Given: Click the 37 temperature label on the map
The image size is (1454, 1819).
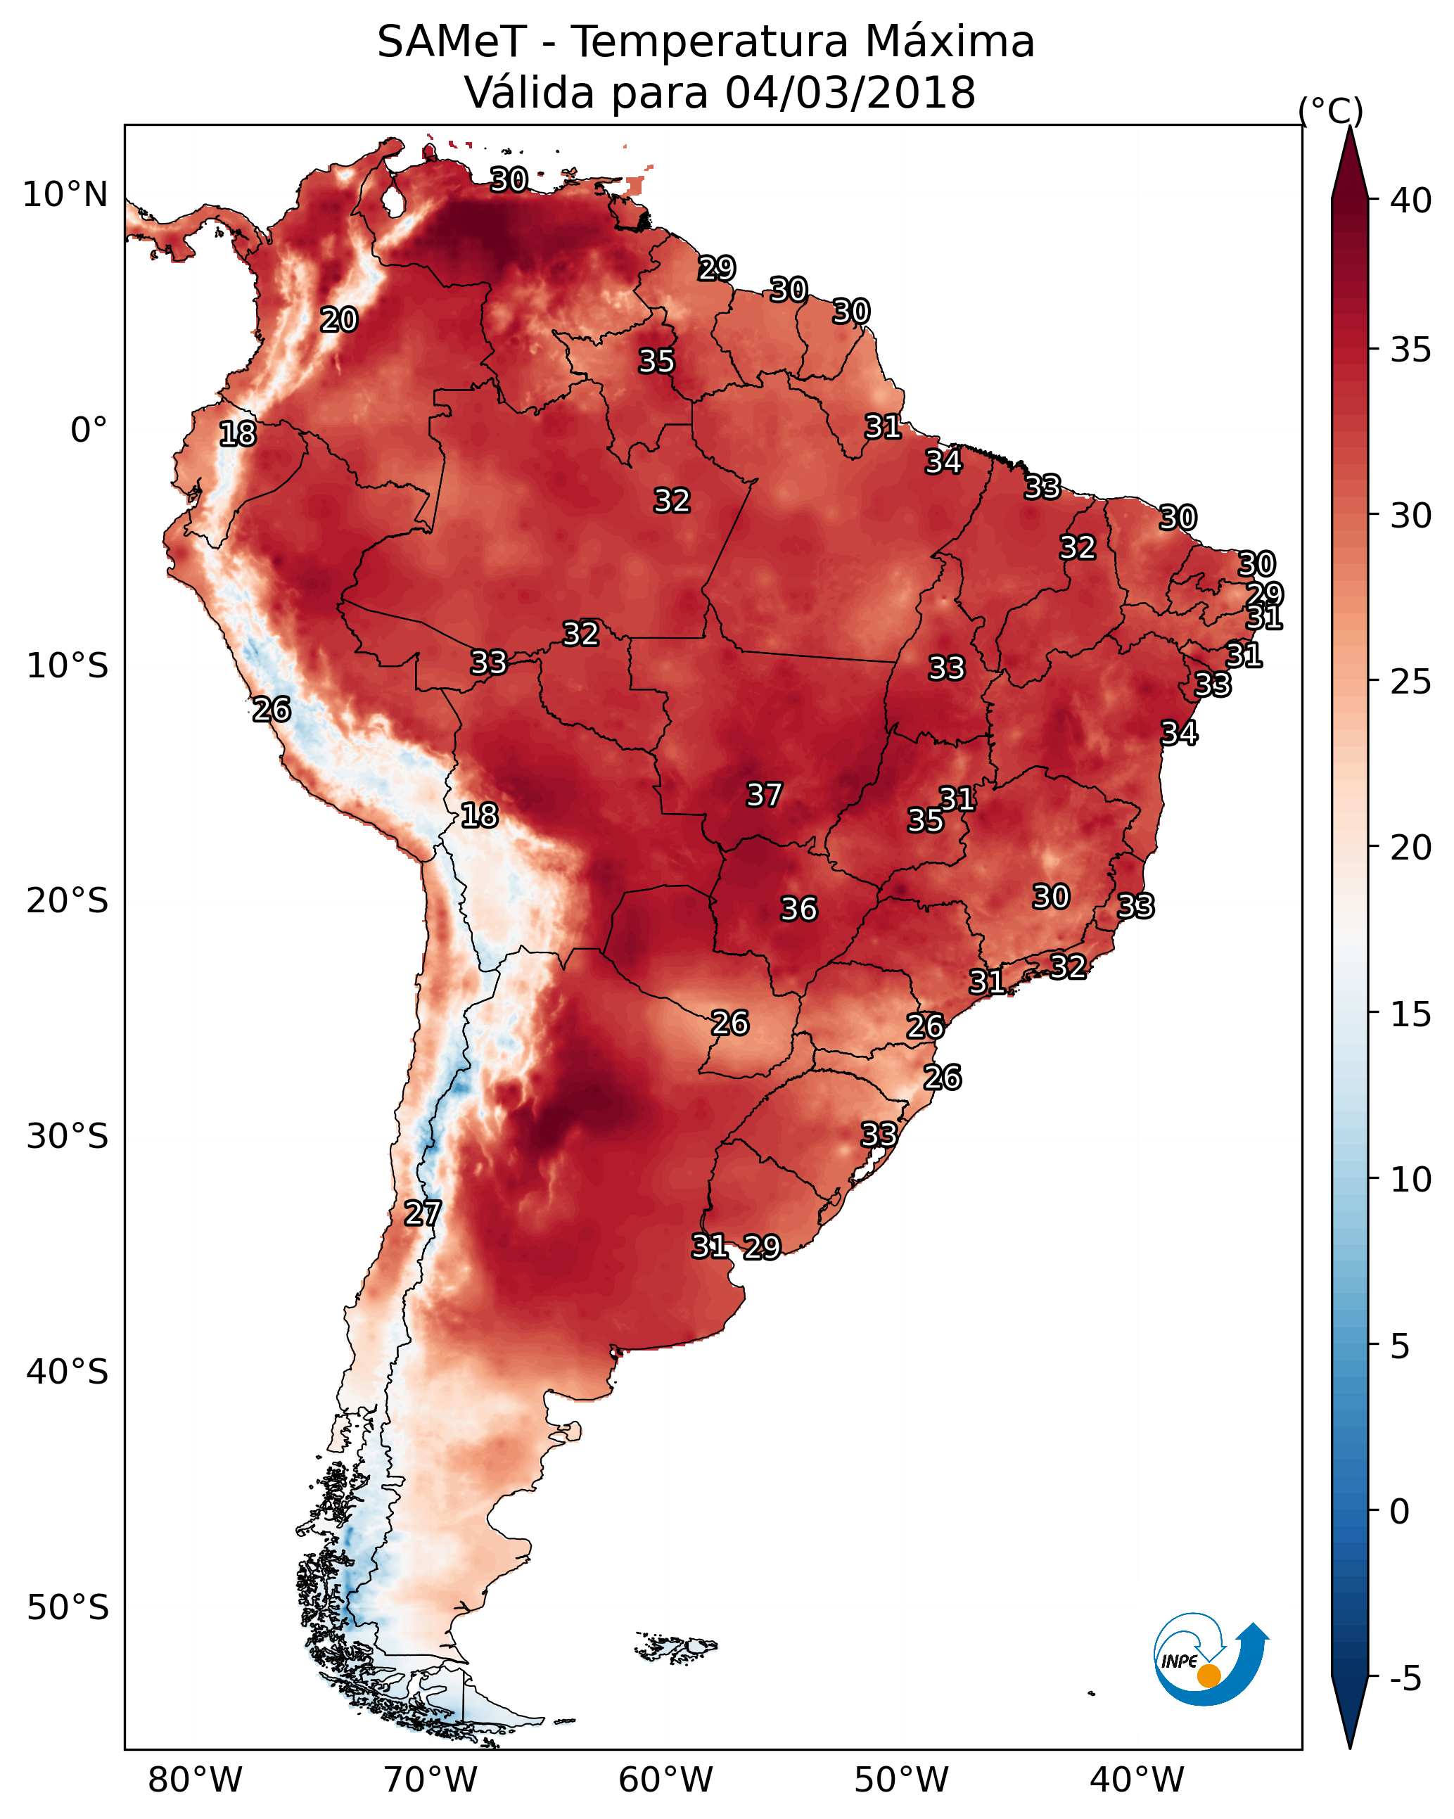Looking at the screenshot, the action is pyautogui.click(x=765, y=795).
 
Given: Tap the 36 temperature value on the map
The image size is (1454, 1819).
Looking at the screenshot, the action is pyautogui.click(x=799, y=909).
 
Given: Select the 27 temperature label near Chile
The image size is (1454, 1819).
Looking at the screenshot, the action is pyautogui.click(x=423, y=1213).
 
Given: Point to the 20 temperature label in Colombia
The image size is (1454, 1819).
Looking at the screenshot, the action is pyautogui.click(x=339, y=320).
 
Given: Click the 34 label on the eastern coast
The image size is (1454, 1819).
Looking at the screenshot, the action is pyautogui.click(x=1179, y=733).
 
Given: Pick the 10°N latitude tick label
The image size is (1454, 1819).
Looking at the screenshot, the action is pyautogui.click(x=65, y=195).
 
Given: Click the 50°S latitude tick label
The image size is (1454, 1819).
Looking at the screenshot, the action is pyautogui.click(x=68, y=1608).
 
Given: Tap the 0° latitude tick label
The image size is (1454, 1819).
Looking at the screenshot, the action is pyautogui.click(x=89, y=430).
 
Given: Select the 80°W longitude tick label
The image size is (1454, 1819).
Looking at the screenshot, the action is pyautogui.click(x=195, y=1780).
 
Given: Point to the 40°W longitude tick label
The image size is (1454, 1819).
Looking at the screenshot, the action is pyautogui.click(x=1137, y=1780).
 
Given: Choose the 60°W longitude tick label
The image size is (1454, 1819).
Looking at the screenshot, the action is pyautogui.click(x=666, y=1780).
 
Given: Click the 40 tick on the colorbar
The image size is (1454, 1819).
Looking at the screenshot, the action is pyautogui.click(x=1411, y=200).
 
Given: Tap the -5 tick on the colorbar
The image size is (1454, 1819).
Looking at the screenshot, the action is pyautogui.click(x=1405, y=1679).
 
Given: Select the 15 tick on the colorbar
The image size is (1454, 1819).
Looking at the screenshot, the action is pyautogui.click(x=1411, y=1014).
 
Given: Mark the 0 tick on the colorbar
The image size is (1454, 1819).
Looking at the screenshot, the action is pyautogui.click(x=1400, y=1512).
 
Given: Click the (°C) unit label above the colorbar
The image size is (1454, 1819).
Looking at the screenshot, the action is pyautogui.click(x=1331, y=110).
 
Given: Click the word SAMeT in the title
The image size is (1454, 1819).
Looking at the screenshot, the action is pyautogui.click(x=452, y=42).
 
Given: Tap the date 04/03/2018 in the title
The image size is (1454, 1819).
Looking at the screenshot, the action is pyautogui.click(x=850, y=93).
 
